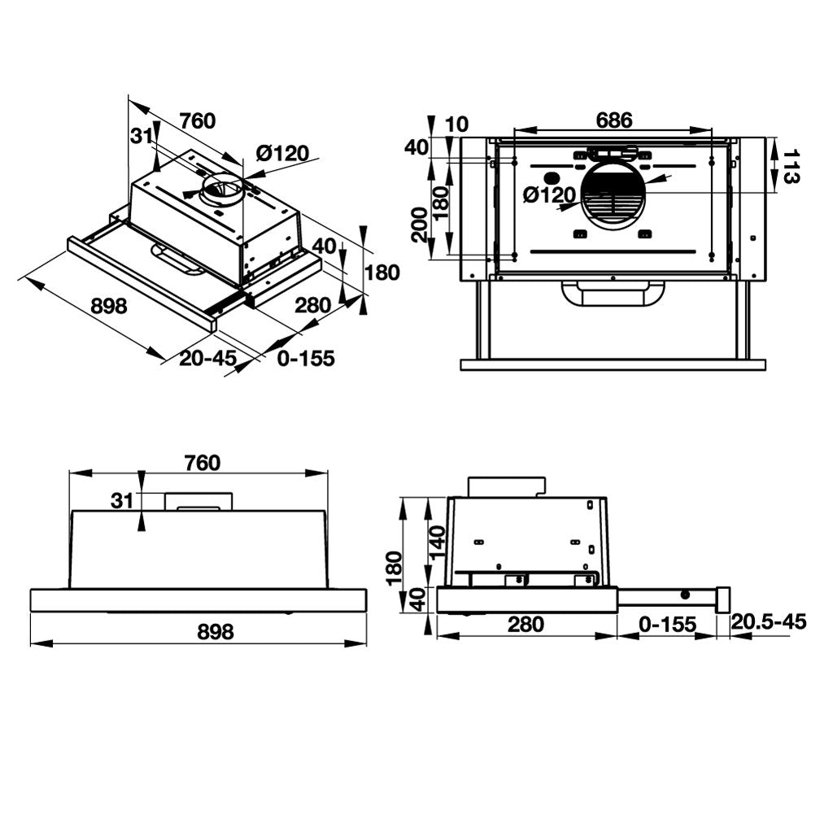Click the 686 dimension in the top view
click(x=613, y=120)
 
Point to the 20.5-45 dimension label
click(x=768, y=622)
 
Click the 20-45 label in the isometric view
click(x=207, y=358)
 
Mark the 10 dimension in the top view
click(x=458, y=124)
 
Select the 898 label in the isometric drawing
click(x=108, y=306)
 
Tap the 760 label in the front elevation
click(x=202, y=463)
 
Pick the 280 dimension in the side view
click(x=525, y=625)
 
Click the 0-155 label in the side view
click(x=667, y=625)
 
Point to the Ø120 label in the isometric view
click(x=282, y=153)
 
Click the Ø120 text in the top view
click(x=549, y=195)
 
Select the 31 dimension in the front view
click(x=122, y=501)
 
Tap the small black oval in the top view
click(x=551, y=178)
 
